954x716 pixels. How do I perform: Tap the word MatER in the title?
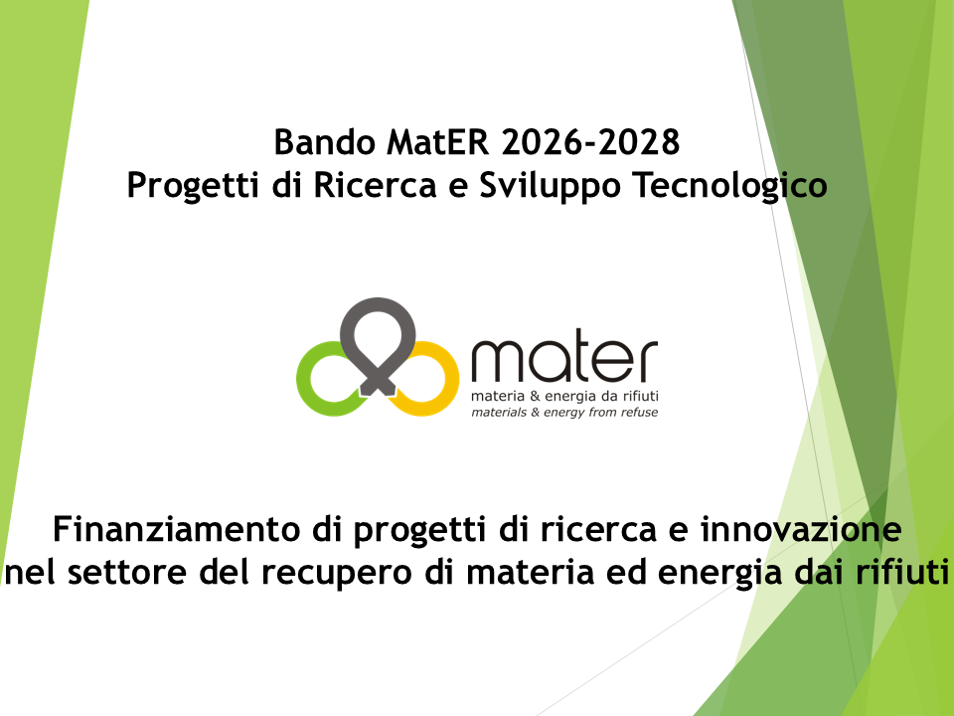[x=439, y=142]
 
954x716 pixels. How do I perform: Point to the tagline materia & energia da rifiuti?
[x=564, y=397]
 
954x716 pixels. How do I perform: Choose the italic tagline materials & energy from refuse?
[x=564, y=411]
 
